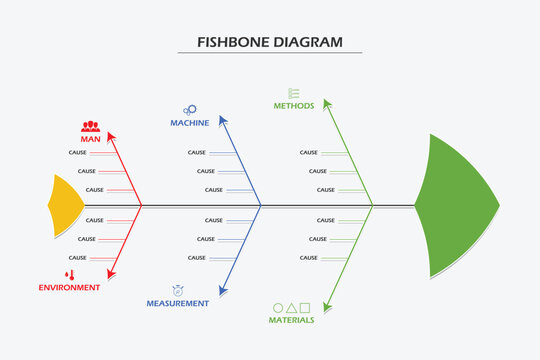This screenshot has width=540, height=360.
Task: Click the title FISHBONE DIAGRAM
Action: [270, 43]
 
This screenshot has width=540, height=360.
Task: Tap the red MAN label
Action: [91, 139]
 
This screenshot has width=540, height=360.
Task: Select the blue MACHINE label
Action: [189, 123]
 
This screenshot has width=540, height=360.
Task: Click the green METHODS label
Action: [294, 105]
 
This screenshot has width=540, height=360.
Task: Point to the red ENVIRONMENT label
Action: [69, 287]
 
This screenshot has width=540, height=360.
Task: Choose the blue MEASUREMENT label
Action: [177, 303]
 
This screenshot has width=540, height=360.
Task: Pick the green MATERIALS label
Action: [291, 320]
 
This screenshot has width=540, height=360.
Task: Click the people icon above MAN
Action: [91, 126]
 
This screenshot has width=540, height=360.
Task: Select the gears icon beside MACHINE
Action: [189, 110]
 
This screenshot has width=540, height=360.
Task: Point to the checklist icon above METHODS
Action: [294, 92]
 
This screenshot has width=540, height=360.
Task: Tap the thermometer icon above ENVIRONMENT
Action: [70, 274]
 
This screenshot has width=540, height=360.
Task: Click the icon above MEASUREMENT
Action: [177, 289]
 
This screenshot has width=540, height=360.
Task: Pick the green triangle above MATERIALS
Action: [291, 307]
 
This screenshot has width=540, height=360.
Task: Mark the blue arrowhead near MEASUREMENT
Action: [224, 290]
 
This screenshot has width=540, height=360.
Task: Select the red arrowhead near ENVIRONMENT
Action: [112, 271]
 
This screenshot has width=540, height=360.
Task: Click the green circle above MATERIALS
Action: [278, 307]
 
